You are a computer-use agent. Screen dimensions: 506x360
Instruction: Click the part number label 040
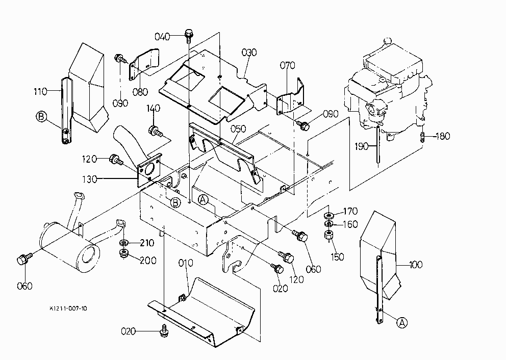pyautogui.click(x=162, y=36)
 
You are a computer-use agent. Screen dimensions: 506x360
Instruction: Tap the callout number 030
pyautogui.click(x=249, y=52)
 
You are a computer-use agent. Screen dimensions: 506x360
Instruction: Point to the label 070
pyautogui.click(x=287, y=65)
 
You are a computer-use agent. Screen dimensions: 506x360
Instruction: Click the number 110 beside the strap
pyautogui.click(x=40, y=92)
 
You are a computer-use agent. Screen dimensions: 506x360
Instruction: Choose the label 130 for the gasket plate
pyautogui.click(x=89, y=179)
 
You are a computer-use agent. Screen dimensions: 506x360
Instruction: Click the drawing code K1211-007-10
pyautogui.click(x=68, y=308)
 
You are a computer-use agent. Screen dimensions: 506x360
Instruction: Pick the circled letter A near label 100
pyautogui.click(x=402, y=322)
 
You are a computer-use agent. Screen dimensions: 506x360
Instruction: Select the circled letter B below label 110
pyautogui.click(x=41, y=116)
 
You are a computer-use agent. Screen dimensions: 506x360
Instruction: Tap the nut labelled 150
pyautogui.click(x=329, y=235)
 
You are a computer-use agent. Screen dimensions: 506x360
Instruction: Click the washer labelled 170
pyautogui.click(x=329, y=215)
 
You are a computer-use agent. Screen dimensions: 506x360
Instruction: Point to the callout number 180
pyautogui.click(x=443, y=136)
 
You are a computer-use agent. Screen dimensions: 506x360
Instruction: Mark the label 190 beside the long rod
pyautogui.click(x=362, y=146)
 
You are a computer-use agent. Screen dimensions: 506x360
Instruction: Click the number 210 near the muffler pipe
pyautogui.click(x=147, y=243)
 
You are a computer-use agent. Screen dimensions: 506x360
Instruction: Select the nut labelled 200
pyautogui.click(x=123, y=253)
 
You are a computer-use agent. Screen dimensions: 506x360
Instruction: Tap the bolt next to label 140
pyautogui.click(x=155, y=131)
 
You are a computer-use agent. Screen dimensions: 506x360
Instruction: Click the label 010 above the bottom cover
pyautogui.click(x=186, y=263)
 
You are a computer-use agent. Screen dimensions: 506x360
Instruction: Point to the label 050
pyautogui.click(x=238, y=128)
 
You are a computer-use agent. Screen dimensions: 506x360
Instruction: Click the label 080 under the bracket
pyautogui.click(x=140, y=92)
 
